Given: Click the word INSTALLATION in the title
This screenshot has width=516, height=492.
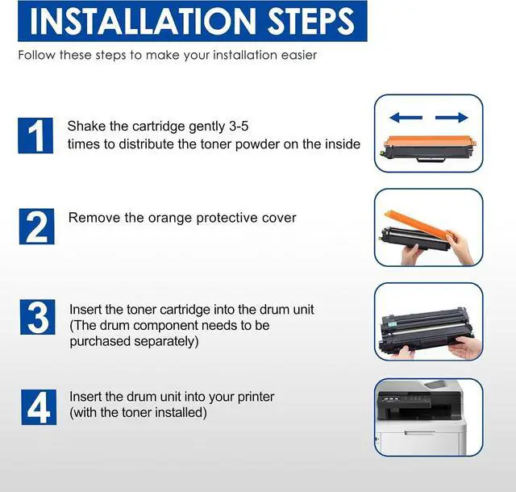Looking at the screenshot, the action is pyautogui.click(x=143, y=21).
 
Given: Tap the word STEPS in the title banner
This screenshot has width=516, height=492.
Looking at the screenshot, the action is pyautogui.click(x=311, y=21).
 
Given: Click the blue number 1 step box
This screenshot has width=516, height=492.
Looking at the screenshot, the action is pyautogui.click(x=35, y=136).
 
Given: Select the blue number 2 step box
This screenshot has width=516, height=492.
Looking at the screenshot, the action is pyautogui.click(x=37, y=227).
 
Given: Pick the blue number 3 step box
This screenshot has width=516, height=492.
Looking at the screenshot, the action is pyautogui.click(x=38, y=317).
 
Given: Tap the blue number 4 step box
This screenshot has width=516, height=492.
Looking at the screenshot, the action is pyautogui.click(x=39, y=407).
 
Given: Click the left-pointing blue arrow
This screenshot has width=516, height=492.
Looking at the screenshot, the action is pyautogui.click(x=406, y=117).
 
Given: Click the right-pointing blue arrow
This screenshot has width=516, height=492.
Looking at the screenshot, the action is pyautogui.click(x=451, y=117).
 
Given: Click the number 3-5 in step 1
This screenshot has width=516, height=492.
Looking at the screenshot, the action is pyautogui.click(x=238, y=126).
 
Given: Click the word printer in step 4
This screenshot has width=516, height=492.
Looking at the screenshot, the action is pyautogui.click(x=256, y=397).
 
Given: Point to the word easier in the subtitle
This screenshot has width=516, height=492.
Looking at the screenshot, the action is pyautogui.click(x=299, y=55).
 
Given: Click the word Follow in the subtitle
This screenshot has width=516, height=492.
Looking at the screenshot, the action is pyautogui.click(x=36, y=55).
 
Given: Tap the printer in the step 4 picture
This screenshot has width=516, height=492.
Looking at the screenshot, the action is pyautogui.click(x=421, y=418).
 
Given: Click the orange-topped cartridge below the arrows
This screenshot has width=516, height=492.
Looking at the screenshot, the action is pyautogui.click(x=430, y=148).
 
